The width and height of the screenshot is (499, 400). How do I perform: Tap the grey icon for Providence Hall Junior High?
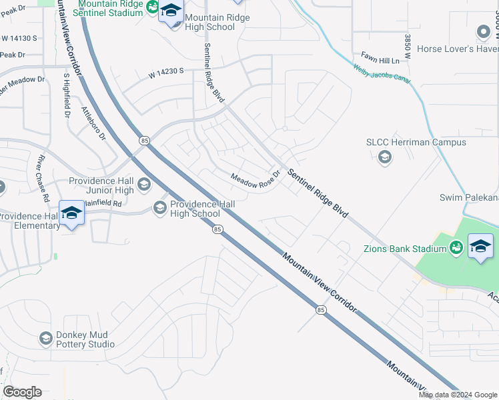[143, 184]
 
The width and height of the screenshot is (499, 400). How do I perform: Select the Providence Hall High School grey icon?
[159, 208]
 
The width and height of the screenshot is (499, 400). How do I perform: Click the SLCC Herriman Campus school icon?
[384, 157]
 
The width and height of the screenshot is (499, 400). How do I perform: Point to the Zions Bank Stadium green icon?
[456, 248]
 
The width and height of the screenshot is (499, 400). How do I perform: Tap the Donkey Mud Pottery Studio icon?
[45, 339]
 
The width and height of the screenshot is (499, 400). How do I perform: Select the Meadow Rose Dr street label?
[254, 180]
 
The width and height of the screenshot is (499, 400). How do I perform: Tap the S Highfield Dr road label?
[66, 95]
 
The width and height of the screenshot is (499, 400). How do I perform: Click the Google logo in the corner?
[23, 391]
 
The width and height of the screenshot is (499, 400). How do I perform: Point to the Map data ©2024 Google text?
[457, 395]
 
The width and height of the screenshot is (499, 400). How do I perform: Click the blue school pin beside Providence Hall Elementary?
[72, 213]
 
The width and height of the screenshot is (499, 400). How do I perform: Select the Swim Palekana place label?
[468, 197]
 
